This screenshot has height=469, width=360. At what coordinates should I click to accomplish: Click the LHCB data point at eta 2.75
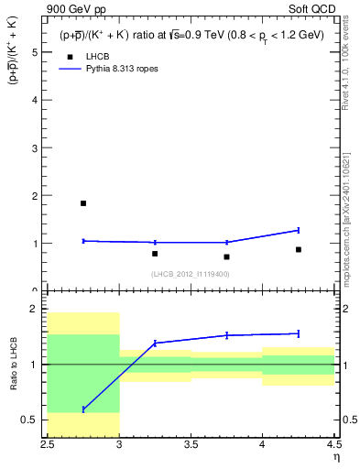[x=83, y=203]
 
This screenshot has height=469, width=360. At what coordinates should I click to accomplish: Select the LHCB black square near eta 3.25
[x=155, y=254]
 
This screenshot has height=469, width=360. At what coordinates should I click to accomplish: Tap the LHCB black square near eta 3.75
[x=226, y=256]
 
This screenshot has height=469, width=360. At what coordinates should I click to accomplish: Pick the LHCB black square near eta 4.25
[x=299, y=249]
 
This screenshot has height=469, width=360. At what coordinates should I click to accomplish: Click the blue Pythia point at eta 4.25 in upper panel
[x=299, y=230]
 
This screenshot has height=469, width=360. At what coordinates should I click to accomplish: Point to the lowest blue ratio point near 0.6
[x=83, y=409]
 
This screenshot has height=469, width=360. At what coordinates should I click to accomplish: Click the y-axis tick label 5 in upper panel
[x=35, y=52]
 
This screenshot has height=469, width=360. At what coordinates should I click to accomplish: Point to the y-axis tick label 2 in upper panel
[x=35, y=196]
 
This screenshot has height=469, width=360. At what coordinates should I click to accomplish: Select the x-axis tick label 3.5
[x=191, y=445]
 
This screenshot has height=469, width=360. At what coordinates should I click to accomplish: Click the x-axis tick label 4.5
[x=333, y=445]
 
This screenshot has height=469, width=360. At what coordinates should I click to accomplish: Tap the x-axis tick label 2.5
[x=48, y=445]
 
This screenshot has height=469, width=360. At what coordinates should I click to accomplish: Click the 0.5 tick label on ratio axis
[x=30, y=420]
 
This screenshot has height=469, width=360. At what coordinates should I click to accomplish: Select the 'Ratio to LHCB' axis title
[x=14, y=365]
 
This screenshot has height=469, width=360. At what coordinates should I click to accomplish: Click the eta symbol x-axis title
[x=335, y=457]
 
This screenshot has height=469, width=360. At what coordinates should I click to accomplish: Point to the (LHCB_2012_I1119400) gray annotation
[x=191, y=274]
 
